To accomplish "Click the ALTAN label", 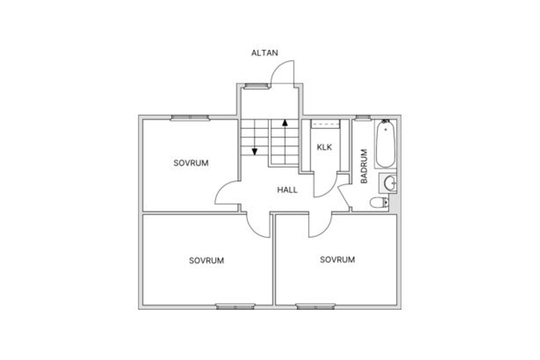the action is click(265, 53).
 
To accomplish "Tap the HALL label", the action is click(287, 190).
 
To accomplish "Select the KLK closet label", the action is click(324, 147).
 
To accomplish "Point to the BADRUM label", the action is click(364, 166).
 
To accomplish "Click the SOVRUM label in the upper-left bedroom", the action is click(191, 163).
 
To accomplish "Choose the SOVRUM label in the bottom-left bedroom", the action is click(206, 260).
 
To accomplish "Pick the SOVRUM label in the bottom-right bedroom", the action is click(337, 259).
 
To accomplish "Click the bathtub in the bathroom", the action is click(386, 144).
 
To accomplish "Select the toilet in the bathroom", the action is click(379, 203).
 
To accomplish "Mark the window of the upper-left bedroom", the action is click(190, 118).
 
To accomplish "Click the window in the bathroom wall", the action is click(363, 118).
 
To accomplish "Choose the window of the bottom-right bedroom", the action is click(316, 307).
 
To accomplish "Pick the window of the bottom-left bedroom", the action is click(235, 307).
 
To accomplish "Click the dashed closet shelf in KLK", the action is click(326, 124).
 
